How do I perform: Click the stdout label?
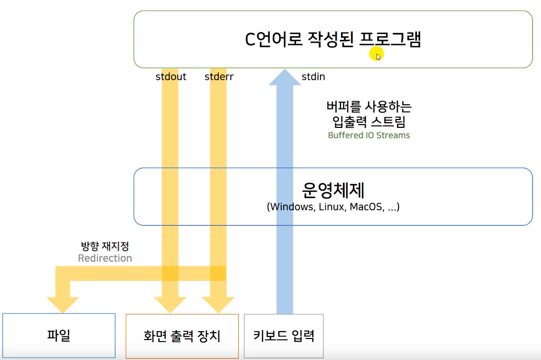(x=171, y=77)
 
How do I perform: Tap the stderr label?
(x=219, y=77)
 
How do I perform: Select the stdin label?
(x=313, y=77)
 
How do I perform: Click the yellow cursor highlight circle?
(x=376, y=53)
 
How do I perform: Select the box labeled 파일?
(x=59, y=336)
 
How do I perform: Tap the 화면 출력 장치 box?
(x=182, y=336)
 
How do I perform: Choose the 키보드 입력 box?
(x=284, y=335)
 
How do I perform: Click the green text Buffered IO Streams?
(x=369, y=135)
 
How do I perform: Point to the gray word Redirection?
(x=105, y=258)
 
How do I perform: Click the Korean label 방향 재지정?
(x=105, y=246)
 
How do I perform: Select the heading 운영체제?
(x=333, y=190)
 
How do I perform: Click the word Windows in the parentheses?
(x=289, y=206)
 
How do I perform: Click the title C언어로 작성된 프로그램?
(x=333, y=40)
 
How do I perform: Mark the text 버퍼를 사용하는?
(x=369, y=107)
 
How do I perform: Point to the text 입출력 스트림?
(x=369, y=122)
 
